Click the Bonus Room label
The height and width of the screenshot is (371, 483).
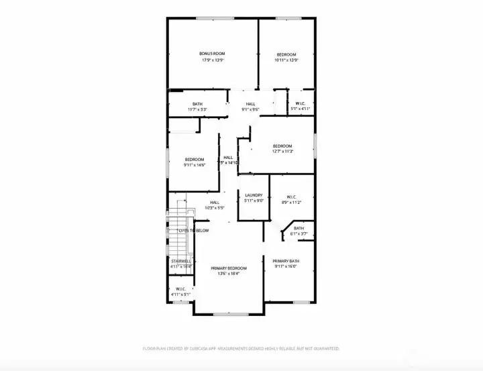pyautogui.click(x=212, y=54)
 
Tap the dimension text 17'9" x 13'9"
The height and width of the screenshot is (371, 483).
pyautogui.click(x=212, y=60)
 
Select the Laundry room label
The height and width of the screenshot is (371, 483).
pyautogui.click(x=254, y=195)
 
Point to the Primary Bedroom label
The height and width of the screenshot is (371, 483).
pyautogui.click(x=229, y=268)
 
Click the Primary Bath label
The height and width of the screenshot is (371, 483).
pyautogui.click(x=286, y=261)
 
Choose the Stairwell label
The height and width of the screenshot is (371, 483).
pyautogui.click(x=181, y=261)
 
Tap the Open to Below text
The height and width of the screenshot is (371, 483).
pyautogui.click(x=193, y=231)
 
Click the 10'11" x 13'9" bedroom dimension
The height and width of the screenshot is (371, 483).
pyautogui.click(x=286, y=60)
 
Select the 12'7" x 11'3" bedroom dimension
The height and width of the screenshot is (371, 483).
pyautogui.click(x=282, y=152)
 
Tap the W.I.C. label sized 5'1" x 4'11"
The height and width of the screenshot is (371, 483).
pyautogui.click(x=300, y=103)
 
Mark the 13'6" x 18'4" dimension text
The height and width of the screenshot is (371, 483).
pyautogui.click(x=229, y=274)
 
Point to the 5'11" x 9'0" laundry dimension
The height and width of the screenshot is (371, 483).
pyautogui.click(x=254, y=201)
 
